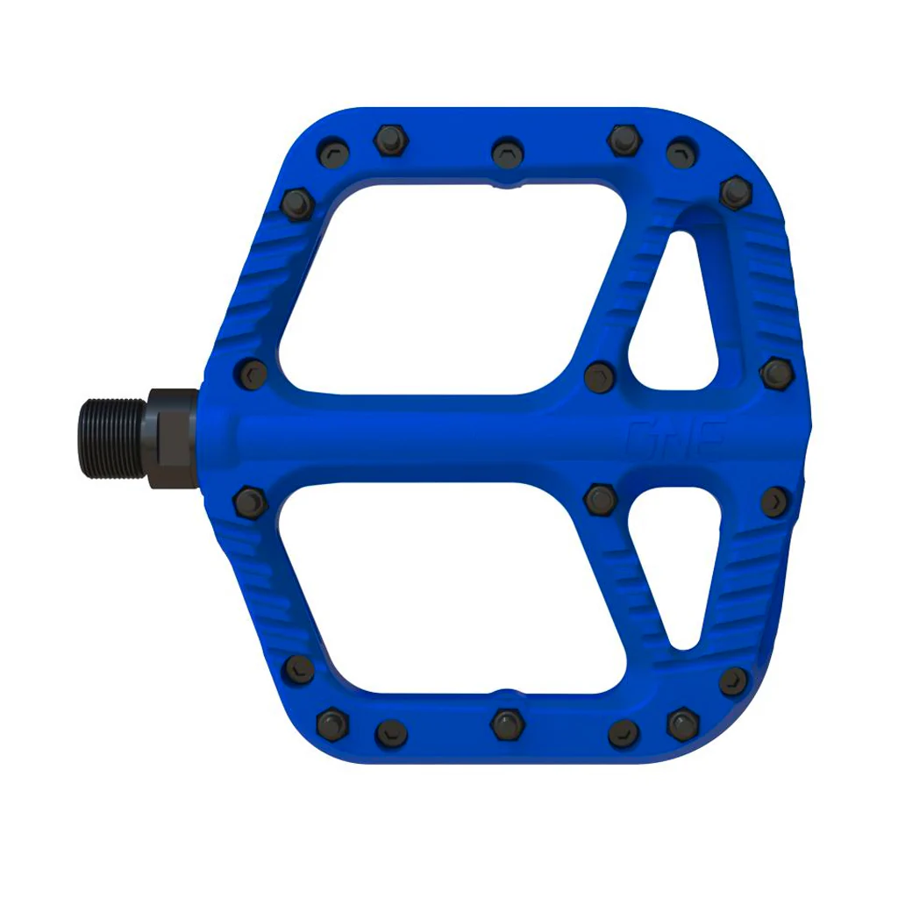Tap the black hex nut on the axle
click(x=172, y=438)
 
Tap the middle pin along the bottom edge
click(x=506, y=724)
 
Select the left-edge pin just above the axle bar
click(x=252, y=372)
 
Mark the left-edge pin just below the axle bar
click(x=250, y=502)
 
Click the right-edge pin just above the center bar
click(x=777, y=373)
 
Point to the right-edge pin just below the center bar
click(x=776, y=502)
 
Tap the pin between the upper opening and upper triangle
click(x=600, y=376)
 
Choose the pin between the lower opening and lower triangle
click(x=601, y=499)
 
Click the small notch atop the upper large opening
click(x=507, y=186)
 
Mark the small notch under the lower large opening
click(x=507, y=691)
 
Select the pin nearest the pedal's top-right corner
click(x=735, y=192)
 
